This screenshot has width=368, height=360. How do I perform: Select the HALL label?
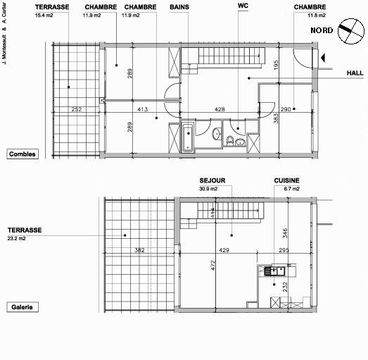[354, 73]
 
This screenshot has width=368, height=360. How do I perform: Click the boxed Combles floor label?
[23, 154]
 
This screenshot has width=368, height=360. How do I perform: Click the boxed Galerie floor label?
[22, 307]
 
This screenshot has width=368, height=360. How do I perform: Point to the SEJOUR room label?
[212, 180]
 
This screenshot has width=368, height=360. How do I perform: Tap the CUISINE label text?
[287, 180]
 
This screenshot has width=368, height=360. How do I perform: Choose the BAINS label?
[179, 6]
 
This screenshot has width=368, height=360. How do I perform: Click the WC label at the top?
[244, 6]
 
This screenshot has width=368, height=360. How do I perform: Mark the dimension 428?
[219, 109]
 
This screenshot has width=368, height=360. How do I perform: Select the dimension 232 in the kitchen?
[285, 287]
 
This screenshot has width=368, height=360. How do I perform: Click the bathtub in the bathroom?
[189, 137]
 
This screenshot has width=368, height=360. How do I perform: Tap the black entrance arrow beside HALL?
[321, 58]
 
